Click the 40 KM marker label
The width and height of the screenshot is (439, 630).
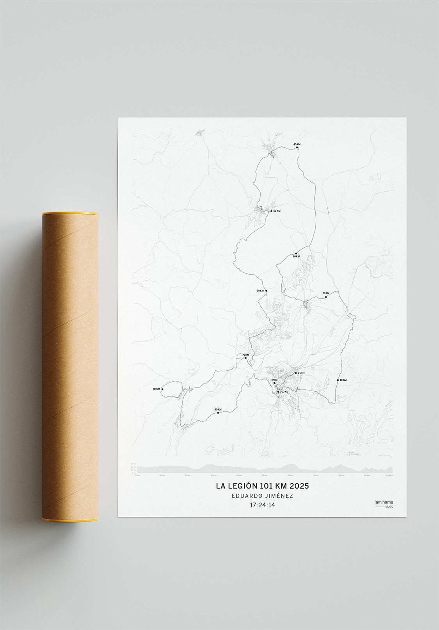point(297,145)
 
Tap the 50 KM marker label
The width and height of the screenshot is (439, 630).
point(277,211)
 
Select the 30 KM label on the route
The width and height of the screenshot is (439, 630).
point(296,257)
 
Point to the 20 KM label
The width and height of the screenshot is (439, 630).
point(326,293)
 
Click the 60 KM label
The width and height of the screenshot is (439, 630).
point(260,291)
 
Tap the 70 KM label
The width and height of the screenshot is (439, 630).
point(245,355)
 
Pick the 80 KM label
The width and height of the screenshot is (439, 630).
point(156,389)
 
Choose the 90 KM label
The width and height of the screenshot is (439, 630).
point(218,409)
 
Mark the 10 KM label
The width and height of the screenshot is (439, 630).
point(343,380)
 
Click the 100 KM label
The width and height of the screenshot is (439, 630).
point(284,391)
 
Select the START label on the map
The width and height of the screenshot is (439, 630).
point(301,373)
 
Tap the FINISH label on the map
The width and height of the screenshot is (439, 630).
point(274,380)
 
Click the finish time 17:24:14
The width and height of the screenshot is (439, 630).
point(262,505)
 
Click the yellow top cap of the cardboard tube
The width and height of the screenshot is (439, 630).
point(70,214)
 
